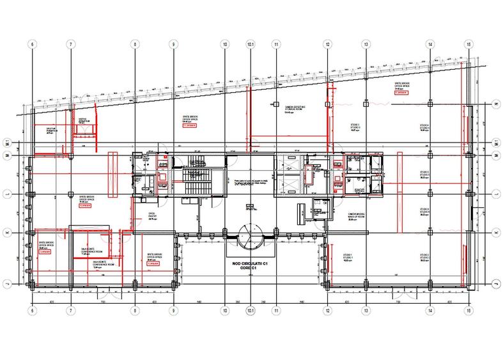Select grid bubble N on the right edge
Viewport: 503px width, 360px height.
497,102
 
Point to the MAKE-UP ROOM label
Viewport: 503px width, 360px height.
357,216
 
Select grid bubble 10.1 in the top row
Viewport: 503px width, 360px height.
251,44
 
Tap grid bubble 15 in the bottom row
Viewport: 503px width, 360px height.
469,311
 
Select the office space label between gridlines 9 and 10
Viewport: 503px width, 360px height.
191,120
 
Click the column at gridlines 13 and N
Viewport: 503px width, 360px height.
366,102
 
